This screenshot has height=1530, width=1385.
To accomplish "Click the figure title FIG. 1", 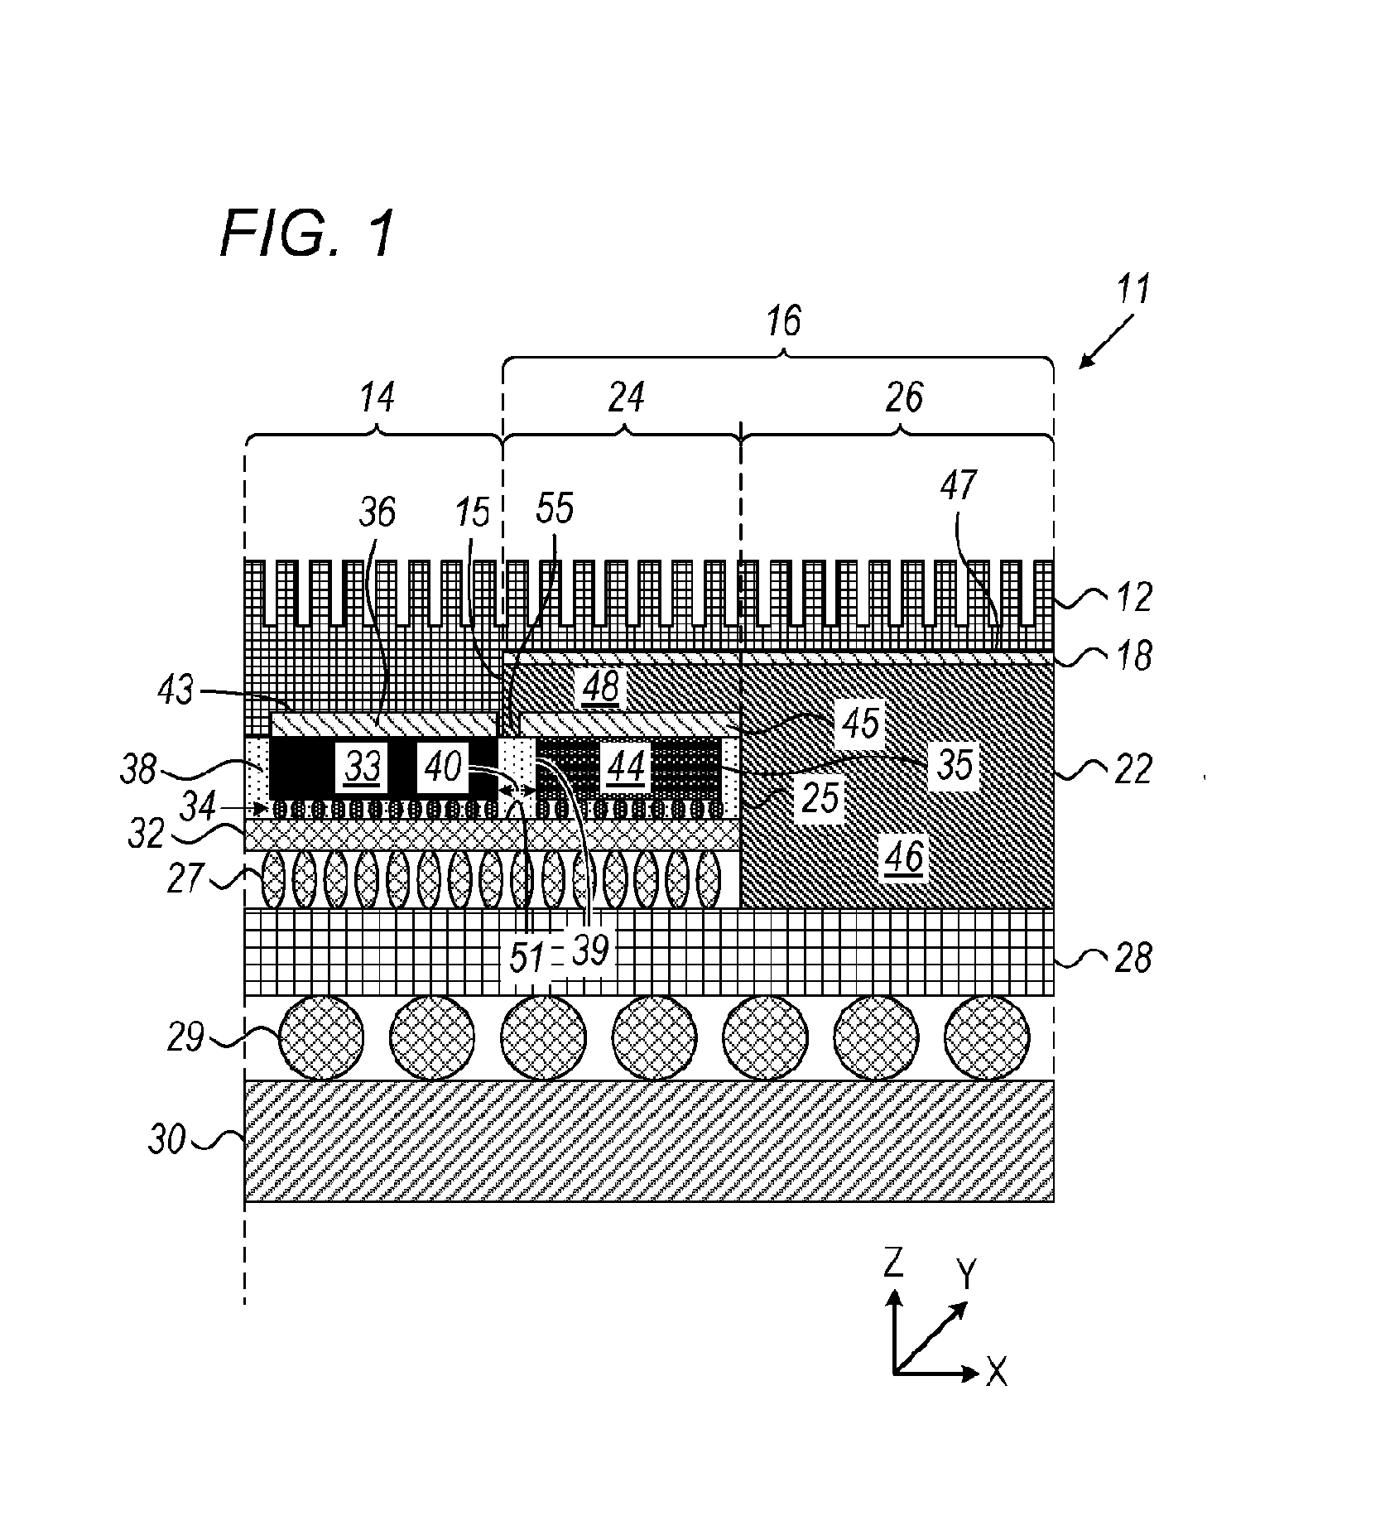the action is pyautogui.click(x=305, y=233).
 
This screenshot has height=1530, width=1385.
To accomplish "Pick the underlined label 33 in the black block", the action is pyautogui.click(x=362, y=768).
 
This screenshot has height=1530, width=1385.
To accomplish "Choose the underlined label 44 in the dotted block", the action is pyautogui.click(x=626, y=768).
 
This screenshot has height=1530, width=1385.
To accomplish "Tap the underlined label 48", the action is pyautogui.click(x=601, y=687).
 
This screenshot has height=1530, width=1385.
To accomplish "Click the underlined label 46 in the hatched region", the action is pyautogui.click(x=904, y=859).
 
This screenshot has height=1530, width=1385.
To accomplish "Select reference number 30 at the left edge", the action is pyautogui.click(x=167, y=1141).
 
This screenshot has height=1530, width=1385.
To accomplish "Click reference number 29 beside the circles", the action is pyautogui.click(x=185, y=1036).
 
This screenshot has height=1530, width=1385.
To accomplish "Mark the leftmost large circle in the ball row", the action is pyautogui.click(x=321, y=1037).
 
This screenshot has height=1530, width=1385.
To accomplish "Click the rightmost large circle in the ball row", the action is pyautogui.click(x=987, y=1037).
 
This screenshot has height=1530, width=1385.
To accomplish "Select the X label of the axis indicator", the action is pyautogui.click(x=998, y=1374).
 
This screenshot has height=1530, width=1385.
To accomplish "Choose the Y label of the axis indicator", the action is pyautogui.click(x=965, y=1275).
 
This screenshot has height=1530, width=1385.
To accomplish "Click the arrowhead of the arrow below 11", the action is pyautogui.click(x=1084, y=362).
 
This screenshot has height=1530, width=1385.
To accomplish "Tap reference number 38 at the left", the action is pyautogui.click(x=138, y=769).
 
